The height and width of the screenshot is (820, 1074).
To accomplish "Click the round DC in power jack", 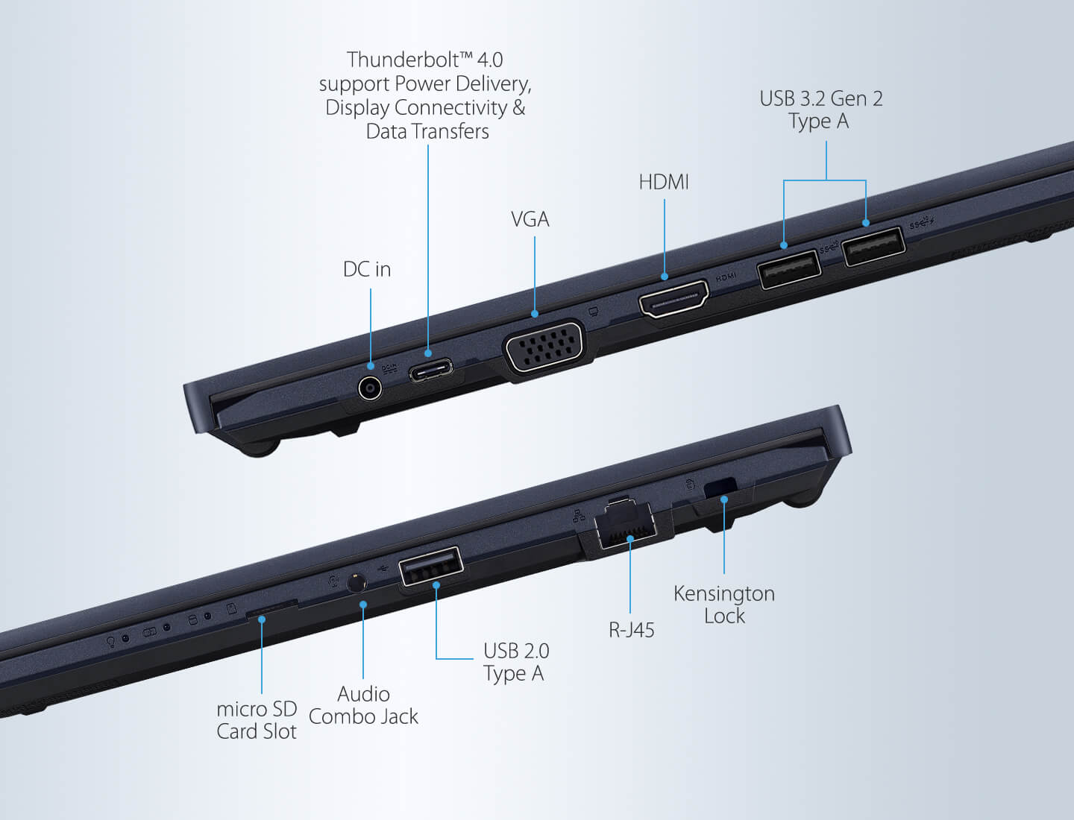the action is [370, 388].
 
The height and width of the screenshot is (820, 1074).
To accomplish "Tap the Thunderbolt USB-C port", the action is [431, 370].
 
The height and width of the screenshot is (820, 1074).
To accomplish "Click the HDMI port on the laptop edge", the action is [673, 298].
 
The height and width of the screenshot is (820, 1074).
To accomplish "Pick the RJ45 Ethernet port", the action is [625, 524].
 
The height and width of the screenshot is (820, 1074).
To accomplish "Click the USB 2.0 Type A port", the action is [430, 567].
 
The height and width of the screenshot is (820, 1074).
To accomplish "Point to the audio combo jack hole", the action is [357, 584].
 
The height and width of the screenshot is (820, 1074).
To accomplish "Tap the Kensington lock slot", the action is [720, 488].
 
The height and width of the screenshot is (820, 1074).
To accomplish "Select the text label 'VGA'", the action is [530, 219].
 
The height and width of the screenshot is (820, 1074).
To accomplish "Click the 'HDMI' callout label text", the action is [664, 182].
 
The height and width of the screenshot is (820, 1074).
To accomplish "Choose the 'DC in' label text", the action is [367, 269].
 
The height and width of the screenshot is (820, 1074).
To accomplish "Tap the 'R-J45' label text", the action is [631, 630].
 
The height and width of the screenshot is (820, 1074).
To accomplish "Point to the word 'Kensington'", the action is [724, 594].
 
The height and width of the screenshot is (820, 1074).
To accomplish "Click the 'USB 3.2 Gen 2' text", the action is [821, 98].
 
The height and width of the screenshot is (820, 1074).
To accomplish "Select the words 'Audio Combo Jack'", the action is [363, 706].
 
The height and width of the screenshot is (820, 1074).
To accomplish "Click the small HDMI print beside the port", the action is [726, 277].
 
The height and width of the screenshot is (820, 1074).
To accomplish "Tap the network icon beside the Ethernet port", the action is [579, 515].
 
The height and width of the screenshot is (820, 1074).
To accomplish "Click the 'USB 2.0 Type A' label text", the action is [516, 662].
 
